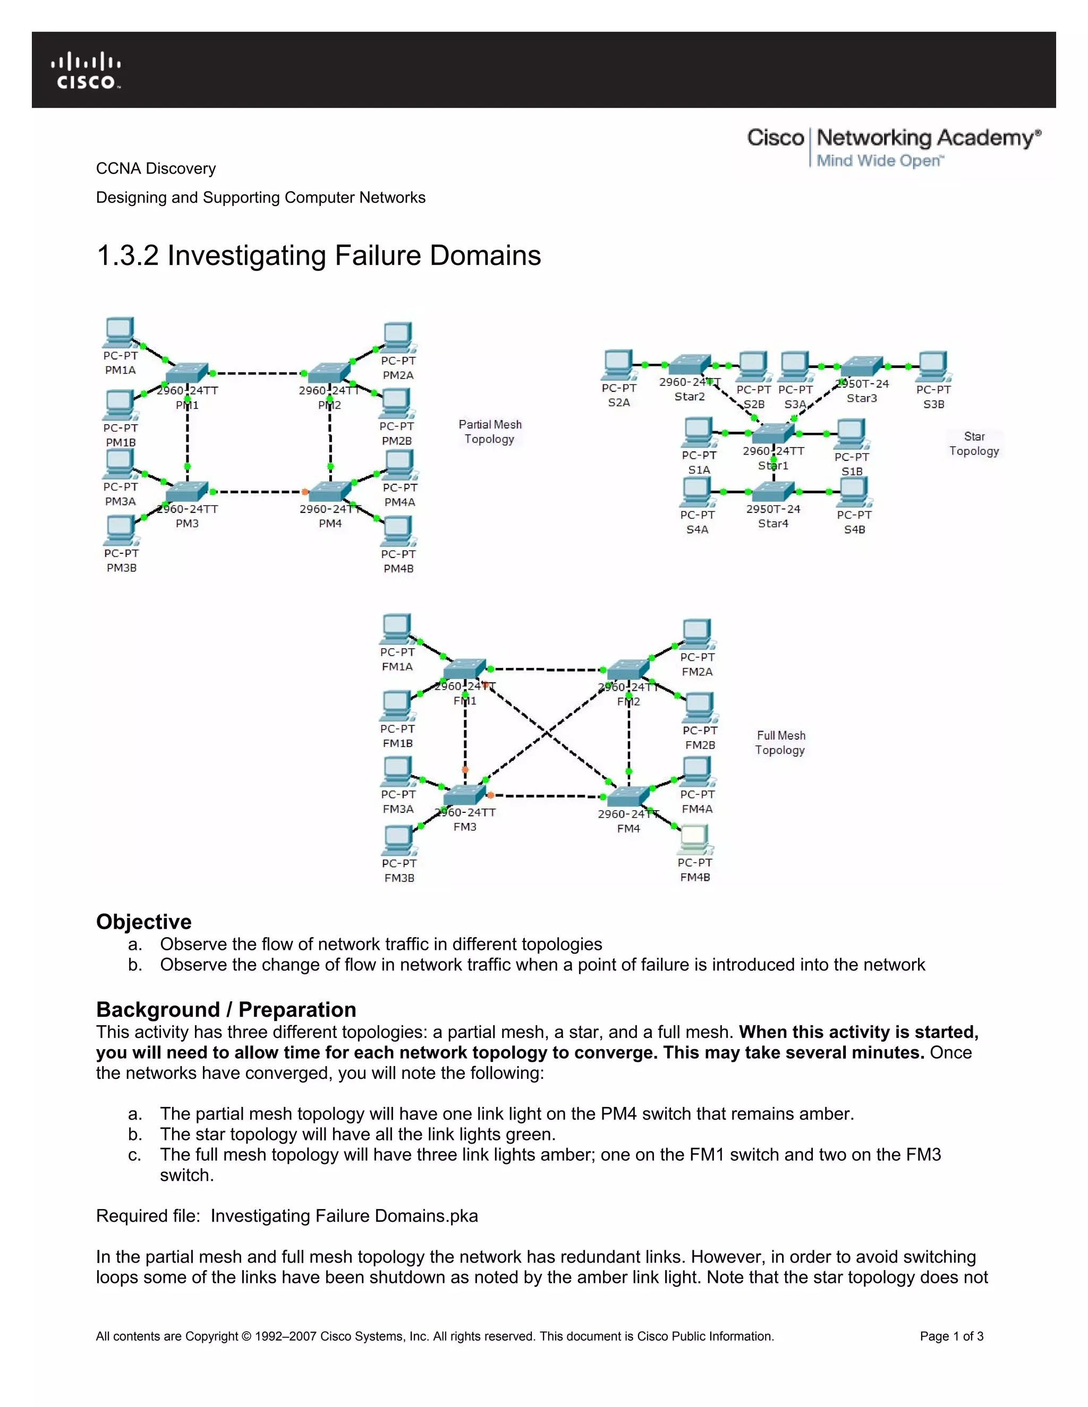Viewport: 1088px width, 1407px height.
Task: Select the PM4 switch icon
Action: tap(329, 492)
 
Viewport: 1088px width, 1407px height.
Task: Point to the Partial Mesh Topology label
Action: tap(490, 432)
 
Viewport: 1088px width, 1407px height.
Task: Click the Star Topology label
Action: tap(974, 444)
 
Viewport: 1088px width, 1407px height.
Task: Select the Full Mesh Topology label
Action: tap(780, 743)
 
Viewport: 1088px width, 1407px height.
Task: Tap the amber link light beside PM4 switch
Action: tap(305, 492)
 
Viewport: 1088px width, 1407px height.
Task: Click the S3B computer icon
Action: tap(933, 366)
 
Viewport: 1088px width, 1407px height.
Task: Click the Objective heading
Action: tap(144, 921)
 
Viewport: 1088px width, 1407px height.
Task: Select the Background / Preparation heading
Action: tap(226, 1009)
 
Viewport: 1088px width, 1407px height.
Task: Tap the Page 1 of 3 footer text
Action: tap(951, 1336)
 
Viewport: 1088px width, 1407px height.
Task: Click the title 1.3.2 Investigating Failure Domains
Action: tap(318, 256)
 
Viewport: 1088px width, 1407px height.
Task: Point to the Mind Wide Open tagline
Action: tap(880, 160)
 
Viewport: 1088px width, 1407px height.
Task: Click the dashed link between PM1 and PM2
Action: tap(258, 373)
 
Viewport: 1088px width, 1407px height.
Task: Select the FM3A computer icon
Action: tap(396, 771)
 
